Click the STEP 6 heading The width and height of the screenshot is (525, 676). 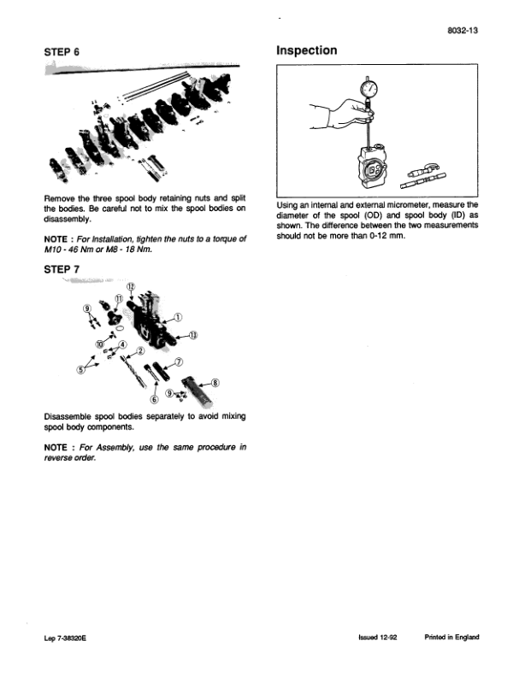(x=62, y=52)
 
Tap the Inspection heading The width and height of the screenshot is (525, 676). (x=306, y=51)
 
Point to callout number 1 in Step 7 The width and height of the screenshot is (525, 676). (x=177, y=316)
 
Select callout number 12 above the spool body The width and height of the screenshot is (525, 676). (x=131, y=285)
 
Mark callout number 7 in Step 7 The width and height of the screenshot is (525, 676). (x=178, y=362)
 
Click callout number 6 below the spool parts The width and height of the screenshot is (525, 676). (x=155, y=398)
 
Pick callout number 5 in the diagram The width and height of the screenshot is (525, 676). (x=82, y=370)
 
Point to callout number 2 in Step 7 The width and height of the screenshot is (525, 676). (x=140, y=350)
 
